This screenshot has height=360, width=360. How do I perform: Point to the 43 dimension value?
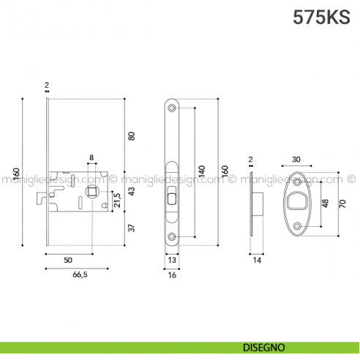(132, 192)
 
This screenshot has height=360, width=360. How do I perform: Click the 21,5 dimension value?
(116, 199)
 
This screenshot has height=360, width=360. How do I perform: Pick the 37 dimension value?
(132, 228)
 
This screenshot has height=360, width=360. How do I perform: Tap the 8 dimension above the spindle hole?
(91, 157)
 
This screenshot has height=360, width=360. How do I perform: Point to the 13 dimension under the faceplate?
(172, 260)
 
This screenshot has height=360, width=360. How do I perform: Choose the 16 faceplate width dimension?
(172, 275)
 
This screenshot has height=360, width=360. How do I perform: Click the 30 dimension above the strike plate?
(296, 160)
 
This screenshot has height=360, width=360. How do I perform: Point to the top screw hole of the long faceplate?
(172, 108)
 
